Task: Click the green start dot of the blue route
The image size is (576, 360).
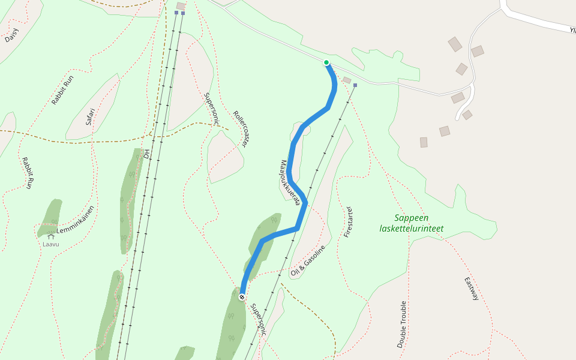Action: coord(326,62)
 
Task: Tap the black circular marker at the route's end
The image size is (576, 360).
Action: coord(242,297)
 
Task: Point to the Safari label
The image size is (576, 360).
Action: coord(90,116)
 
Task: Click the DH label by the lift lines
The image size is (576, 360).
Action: coord(146,154)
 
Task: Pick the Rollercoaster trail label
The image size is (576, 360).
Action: coord(241,129)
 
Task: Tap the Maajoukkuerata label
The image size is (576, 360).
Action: coord(290,183)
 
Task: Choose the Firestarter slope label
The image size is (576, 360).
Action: coord(348,222)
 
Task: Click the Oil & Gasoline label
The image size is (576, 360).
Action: coord(307,261)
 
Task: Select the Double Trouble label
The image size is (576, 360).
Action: coord(402,324)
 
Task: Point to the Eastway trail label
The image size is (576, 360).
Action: coord(472,289)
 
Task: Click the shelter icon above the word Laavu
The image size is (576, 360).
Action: coord(51,236)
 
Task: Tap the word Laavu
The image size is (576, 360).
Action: coord(51,244)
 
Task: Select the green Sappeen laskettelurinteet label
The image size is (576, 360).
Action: coord(412,223)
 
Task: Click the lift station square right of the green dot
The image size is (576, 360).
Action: coord(355,85)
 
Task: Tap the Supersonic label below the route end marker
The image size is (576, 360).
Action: coord(258,318)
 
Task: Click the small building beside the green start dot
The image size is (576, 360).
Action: coord(347,80)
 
